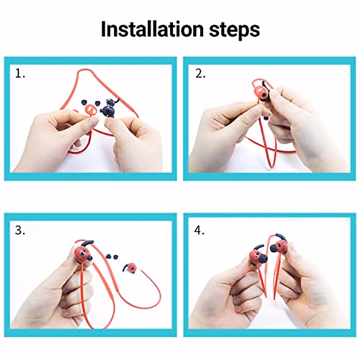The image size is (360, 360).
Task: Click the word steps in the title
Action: click(x=234, y=30)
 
